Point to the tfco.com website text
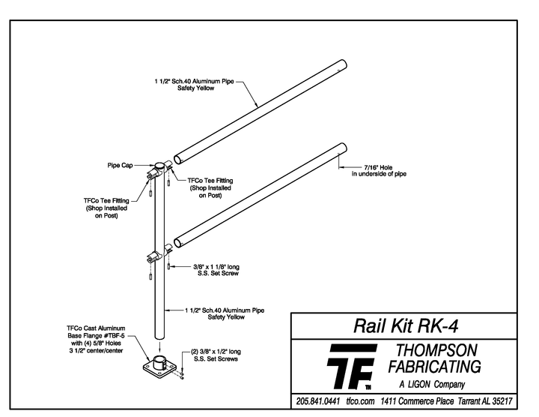361,401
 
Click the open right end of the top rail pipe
341,65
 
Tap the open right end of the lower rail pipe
343,148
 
